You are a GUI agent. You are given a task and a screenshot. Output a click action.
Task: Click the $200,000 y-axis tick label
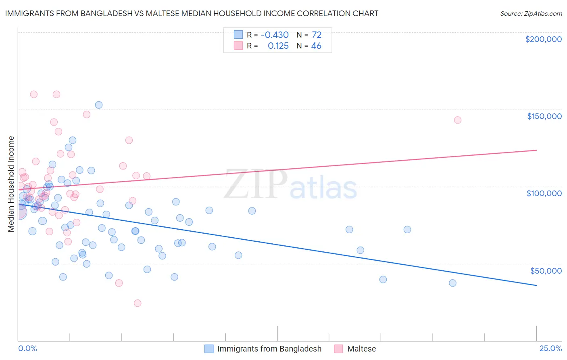pyautogui.click(x=543, y=39)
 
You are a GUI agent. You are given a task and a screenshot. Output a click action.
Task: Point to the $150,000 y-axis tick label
pyautogui.click(x=544, y=116)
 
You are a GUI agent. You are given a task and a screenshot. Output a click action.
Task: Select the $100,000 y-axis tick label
pyautogui.click(x=544, y=193)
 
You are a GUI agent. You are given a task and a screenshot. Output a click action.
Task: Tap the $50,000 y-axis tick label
pyautogui.click(x=546, y=270)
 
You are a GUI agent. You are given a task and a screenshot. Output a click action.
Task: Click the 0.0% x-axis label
pyautogui.click(x=27, y=348)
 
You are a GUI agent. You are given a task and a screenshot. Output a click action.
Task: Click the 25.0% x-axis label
pyautogui.click(x=550, y=348)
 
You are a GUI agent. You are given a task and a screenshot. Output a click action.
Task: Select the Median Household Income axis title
pyautogui.click(x=11, y=184)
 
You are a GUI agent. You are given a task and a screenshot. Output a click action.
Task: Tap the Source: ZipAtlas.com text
pyautogui.click(x=531, y=14)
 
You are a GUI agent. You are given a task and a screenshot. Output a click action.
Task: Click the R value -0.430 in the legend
pyautogui.click(x=275, y=35)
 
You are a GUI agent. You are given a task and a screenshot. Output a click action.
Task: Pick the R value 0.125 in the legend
pyautogui.click(x=278, y=46)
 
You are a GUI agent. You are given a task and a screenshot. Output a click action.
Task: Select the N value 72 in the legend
pyautogui.click(x=317, y=35)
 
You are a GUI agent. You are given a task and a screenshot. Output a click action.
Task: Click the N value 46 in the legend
pyautogui.click(x=316, y=46)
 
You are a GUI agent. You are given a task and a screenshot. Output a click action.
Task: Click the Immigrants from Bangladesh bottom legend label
pyautogui.click(x=269, y=349)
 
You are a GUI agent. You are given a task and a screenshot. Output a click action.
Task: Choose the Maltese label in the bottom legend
pyautogui.click(x=361, y=349)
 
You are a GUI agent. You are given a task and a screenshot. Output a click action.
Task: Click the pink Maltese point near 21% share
pyautogui.click(x=457, y=120)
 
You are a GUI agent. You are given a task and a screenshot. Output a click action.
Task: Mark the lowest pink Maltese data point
pyautogui.click(x=138, y=303)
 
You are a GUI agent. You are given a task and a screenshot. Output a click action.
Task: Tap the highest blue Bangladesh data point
pyautogui.click(x=99, y=105)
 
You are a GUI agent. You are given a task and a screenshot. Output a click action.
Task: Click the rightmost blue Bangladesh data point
pyautogui.click(x=452, y=283)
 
